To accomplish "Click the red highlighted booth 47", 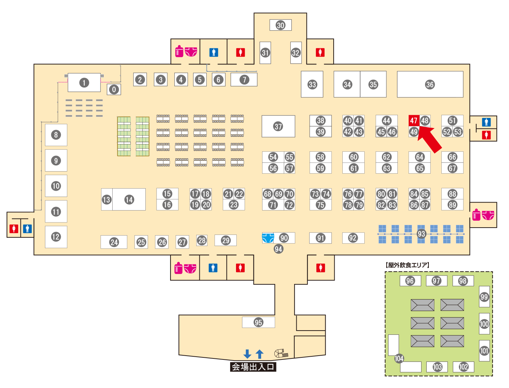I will click(413, 121).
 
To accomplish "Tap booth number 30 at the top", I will click(281, 25).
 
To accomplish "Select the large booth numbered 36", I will click(430, 85).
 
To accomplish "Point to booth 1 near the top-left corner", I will click(84, 83).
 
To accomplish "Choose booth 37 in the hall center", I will click(278, 126).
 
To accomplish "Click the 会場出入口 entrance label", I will click(253, 367).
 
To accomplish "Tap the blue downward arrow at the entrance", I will click(247, 354).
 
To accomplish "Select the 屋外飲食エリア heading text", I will click(408, 265).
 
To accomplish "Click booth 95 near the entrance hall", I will click(258, 322).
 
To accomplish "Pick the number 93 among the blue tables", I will click(421, 234).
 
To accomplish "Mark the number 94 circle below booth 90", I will click(278, 249).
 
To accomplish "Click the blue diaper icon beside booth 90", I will click(268, 238).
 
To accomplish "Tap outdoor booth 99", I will click(484, 297).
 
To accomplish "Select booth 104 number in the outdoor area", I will click(399, 358).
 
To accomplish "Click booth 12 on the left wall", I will click(56, 237).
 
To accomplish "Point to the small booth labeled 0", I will click(114, 89).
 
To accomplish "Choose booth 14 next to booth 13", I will click(129, 199).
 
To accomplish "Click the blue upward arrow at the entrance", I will click(259, 354).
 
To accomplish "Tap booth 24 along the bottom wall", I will click(114, 242).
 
